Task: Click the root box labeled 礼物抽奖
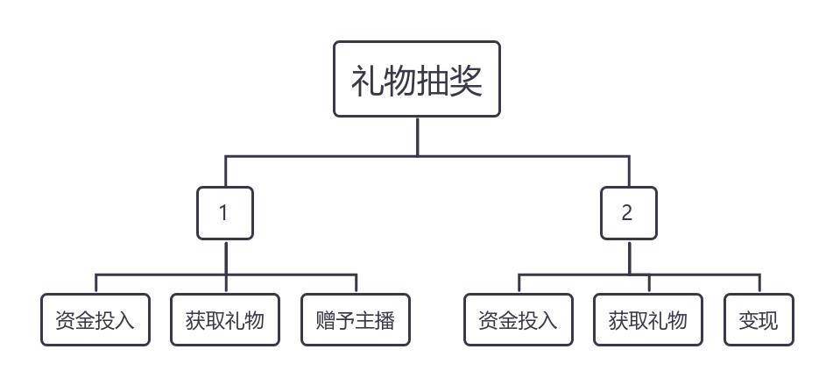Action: click(417, 79)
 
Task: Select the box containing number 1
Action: click(225, 213)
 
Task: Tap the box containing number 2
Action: click(628, 213)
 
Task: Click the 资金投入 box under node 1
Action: click(95, 320)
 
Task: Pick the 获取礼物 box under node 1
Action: click(226, 320)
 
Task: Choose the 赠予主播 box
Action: click(355, 320)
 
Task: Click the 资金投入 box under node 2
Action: click(518, 320)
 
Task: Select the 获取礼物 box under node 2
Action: click(648, 320)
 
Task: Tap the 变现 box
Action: click(759, 320)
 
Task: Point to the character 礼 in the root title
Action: click(367, 81)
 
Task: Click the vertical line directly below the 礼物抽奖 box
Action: click(417, 136)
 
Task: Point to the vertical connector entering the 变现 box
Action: click(759, 284)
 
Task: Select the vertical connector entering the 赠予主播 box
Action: click(356, 284)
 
